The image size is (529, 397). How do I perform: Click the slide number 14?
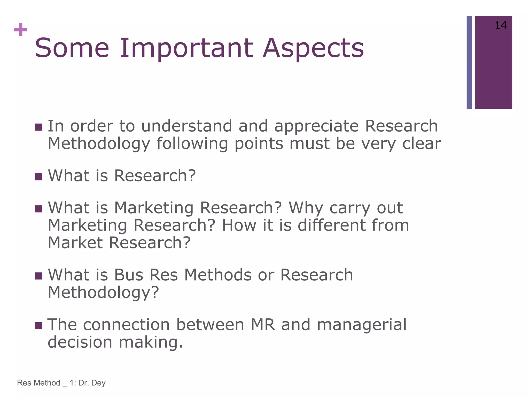coord(501,25)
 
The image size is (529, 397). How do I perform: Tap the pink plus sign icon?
coord(21,30)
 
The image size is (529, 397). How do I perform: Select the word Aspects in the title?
coord(313,49)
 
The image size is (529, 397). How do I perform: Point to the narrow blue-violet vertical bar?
coord(469,63)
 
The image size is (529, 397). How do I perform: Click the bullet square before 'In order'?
coord(38,127)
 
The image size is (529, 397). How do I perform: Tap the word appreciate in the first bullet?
coord(316,126)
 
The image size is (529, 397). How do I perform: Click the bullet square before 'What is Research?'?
coord(38,177)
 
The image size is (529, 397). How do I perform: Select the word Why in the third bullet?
coord(306,208)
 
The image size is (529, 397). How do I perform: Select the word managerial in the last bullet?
coord(362,325)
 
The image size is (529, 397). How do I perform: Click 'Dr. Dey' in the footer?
coord(92,383)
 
